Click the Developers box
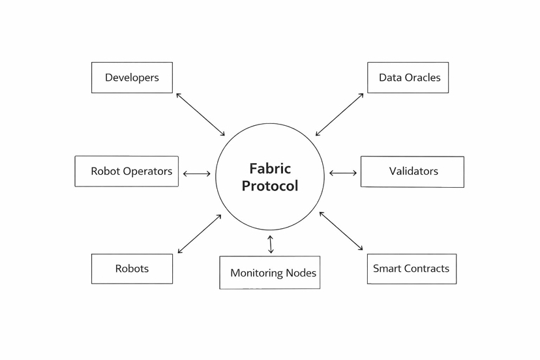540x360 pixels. click(132, 78)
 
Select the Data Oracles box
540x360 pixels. click(408, 78)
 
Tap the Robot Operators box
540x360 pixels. click(127, 172)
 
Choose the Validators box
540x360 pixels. click(412, 172)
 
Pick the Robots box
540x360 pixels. click(132, 269)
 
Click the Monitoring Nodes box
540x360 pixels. click(269, 273)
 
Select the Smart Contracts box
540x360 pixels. click(412, 269)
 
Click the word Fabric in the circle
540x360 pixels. click(270, 169)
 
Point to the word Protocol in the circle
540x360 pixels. click(270, 186)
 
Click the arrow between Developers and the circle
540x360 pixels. click(200, 114)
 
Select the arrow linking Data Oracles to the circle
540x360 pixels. click(339, 115)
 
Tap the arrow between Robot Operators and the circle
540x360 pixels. click(197, 174)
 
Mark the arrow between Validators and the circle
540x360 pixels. click(343, 173)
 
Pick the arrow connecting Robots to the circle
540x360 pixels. click(200, 233)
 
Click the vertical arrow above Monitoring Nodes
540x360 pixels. click(271, 244)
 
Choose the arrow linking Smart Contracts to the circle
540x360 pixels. click(341, 231)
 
